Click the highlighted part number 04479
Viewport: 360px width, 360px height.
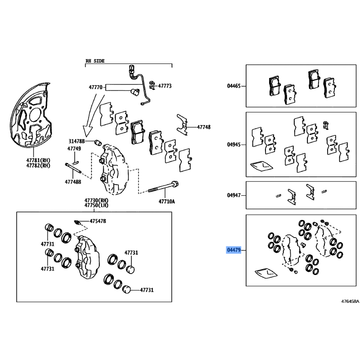[x=234, y=250]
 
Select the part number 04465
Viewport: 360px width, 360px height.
[x=234, y=86]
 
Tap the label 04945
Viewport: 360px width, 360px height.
[x=234, y=144]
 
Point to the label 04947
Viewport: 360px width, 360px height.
[x=234, y=195]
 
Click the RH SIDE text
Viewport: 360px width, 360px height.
[x=95, y=61]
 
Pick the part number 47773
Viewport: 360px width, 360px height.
[x=165, y=86]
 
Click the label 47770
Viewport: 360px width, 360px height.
[x=95, y=87]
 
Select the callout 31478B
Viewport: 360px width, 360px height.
[x=76, y=141]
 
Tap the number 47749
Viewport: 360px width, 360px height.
[x=74, y=148]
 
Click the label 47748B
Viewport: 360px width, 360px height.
[x=73, y=182]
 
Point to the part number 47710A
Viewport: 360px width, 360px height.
[x=166, y=202]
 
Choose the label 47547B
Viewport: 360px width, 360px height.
[x=98, y=221]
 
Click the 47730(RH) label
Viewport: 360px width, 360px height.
[x=96, y=200]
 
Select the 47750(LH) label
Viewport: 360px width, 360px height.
[x=96, y=205]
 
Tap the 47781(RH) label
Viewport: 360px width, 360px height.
[x=38, y=160]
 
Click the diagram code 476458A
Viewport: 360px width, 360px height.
[x=350, y=301]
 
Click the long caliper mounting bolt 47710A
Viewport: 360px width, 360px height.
[x=163, y=187]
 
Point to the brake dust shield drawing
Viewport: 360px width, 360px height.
[x=31, y=115]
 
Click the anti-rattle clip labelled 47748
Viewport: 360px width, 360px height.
[x=182, y=125]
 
